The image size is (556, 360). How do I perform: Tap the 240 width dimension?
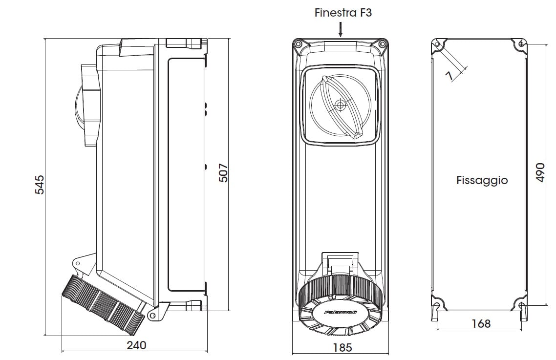136,345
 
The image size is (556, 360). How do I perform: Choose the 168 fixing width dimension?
481,323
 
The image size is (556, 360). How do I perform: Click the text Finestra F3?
342,13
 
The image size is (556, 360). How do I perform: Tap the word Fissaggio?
482,180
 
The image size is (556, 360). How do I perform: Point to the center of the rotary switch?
341,105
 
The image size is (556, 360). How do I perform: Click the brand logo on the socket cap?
341,312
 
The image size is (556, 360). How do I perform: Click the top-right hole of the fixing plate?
521,44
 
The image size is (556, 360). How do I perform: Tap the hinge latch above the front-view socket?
340,261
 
